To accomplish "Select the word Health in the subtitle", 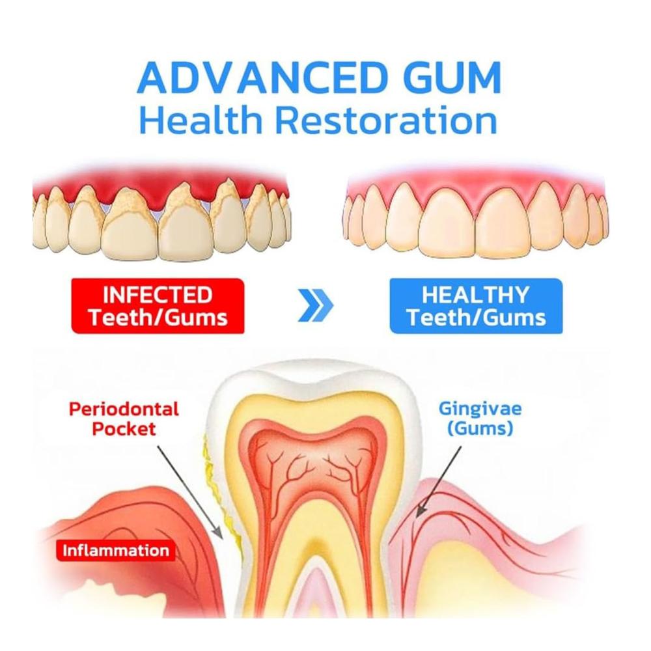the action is click(x=201, y=119).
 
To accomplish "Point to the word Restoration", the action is click(x=386, y=119).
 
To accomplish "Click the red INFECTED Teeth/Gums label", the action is click(x=158, y=306).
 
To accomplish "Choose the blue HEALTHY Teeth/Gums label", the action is click(x=476, y=306).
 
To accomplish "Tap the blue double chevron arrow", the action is click(x=316, y=306).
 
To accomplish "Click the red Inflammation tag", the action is click(x=116, y=551).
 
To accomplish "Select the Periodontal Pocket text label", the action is click(x=124, y=419).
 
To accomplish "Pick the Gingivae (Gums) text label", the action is click(x=480, y=419).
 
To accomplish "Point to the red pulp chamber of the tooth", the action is click(x=314, y=461).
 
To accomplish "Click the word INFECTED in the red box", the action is click(x=158, y=295).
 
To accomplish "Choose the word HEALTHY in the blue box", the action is click(x=476, y=295).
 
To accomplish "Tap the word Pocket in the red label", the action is click(x=124, y=428).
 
